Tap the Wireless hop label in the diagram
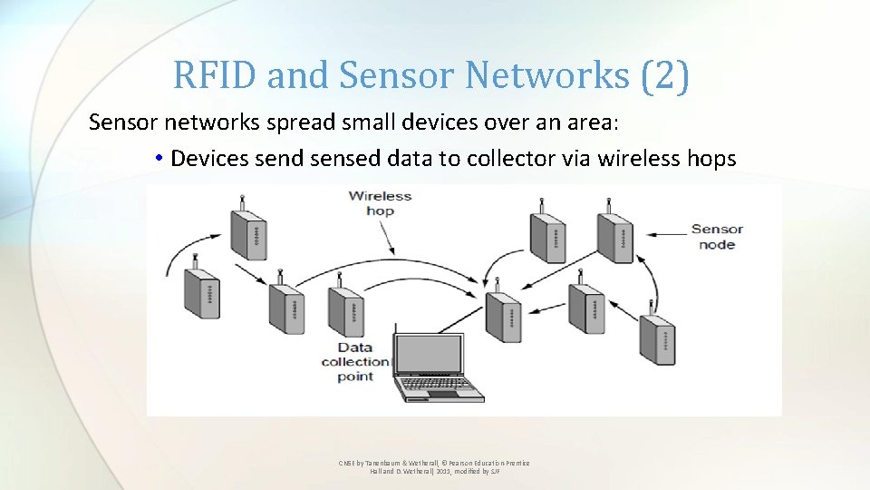pyautogui.click(x=380, y=203)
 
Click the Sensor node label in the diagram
pyautogui.click(x=717, y=237)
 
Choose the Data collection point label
pyautogui.click(x=355, y=362)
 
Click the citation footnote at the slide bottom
pyautogui.click(x=434, y=466)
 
